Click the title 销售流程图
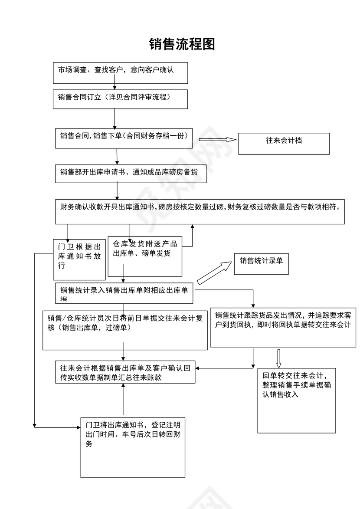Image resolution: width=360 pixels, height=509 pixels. click(182, 44)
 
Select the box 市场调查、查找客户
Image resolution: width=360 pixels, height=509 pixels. click(120, 73)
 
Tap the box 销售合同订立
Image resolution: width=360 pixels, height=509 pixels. click(120, 99)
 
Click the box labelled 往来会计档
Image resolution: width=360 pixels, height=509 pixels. click(284, 144)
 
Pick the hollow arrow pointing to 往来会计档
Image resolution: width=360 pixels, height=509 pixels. click(217, 139)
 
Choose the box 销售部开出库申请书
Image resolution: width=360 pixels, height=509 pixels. click(131, 174)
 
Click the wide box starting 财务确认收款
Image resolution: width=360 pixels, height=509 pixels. click(200, 212)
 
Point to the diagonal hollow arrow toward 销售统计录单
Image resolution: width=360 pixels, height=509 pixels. click(214, 273)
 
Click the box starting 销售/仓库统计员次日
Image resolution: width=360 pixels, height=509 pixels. click(125, 330)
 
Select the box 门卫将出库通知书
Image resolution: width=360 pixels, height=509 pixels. click(133, 447)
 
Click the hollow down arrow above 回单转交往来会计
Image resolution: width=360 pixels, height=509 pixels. click(279, 358)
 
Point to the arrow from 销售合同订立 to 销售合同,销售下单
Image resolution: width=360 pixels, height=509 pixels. click(115, 118)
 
